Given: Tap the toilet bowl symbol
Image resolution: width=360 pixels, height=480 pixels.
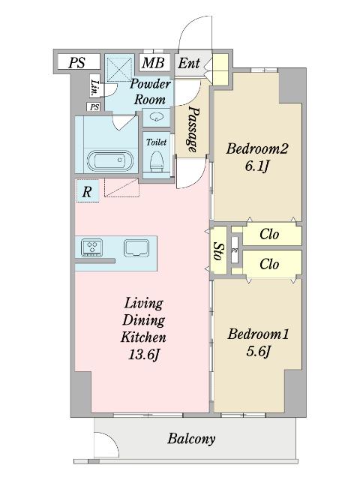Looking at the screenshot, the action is [x=157, y=161].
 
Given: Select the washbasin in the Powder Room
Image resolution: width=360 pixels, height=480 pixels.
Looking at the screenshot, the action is [x=157, y=116].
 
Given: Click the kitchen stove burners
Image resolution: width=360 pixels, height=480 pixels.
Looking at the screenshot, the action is [x=91, y=247].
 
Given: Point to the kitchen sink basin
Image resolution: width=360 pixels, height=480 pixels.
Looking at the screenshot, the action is [x=136, y=247].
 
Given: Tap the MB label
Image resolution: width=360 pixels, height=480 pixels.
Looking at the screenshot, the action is [x=153, y=63].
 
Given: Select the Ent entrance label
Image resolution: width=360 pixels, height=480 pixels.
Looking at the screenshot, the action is [x=189, y=63].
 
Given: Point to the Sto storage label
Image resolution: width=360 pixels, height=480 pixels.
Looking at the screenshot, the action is [x=218, y=251].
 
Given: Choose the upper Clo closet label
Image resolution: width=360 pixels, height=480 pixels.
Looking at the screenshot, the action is [x=269, y=235].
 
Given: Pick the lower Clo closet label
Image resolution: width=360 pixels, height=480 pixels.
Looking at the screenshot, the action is [x=269, y=264].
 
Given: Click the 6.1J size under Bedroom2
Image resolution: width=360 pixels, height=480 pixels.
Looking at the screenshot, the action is [x=256, y=166].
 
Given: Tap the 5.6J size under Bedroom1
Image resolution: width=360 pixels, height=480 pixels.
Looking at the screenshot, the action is [x=258, y=351].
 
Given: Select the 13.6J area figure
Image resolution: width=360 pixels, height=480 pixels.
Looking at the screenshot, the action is [x=144, y=355].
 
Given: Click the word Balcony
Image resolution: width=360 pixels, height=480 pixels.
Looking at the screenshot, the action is [x=191, y=439].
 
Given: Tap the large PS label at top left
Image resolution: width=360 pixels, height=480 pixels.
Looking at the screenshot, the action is [x=76, y=63].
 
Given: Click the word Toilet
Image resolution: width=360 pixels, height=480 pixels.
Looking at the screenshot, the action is [x=157, y=142].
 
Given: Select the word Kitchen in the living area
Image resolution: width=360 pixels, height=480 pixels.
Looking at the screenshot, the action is [x=143, y=337].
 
